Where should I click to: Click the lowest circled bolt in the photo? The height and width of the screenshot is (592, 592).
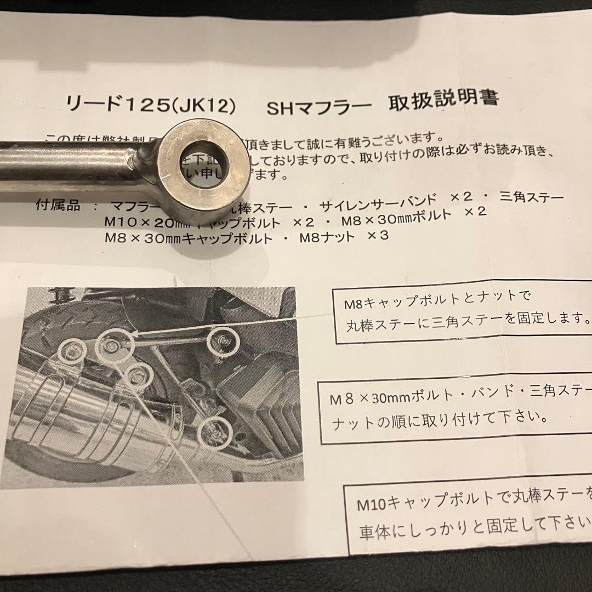click(215, 431)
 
